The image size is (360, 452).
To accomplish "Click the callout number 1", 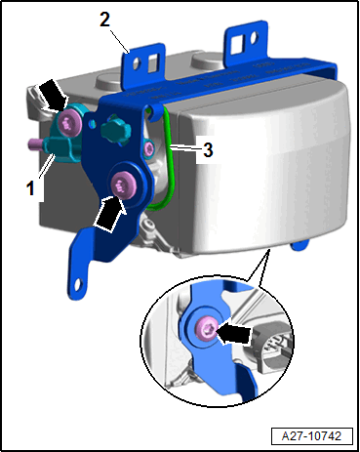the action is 30,188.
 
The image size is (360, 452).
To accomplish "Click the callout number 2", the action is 105,20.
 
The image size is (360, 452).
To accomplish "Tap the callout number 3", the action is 208,149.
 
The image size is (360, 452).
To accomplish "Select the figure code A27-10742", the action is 311,435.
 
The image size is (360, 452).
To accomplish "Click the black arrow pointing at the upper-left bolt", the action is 53,95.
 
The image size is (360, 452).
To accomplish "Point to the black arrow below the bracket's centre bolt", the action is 109,214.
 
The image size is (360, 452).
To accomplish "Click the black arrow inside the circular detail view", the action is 233,334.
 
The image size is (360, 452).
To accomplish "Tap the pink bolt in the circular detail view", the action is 206,330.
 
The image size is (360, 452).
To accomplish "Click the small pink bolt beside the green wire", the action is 149,148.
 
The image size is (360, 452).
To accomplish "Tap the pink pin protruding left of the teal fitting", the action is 34,143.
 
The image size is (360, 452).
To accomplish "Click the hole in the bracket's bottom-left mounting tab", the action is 78,284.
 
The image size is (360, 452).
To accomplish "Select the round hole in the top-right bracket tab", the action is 254,38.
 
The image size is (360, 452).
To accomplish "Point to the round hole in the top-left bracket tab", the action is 137,63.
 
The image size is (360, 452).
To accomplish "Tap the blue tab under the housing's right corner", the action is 300,245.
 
